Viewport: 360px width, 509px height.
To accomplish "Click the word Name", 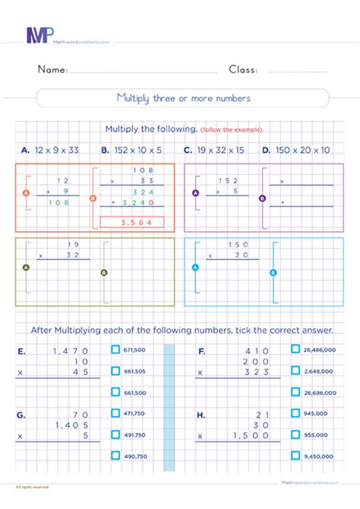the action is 52,70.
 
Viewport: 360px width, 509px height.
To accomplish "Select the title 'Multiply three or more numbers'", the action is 182,98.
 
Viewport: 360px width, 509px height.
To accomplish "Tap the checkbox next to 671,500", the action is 116,350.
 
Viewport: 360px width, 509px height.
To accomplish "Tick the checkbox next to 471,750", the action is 116,413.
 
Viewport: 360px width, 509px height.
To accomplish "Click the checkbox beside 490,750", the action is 116,456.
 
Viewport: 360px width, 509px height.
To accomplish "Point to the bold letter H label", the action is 201,415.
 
